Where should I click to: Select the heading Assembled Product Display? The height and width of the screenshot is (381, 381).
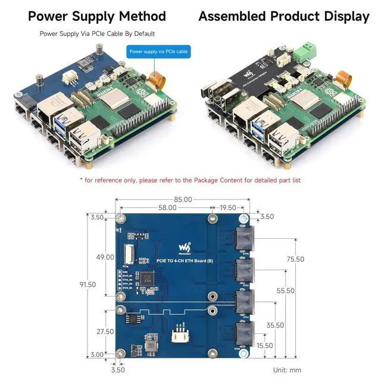(283, 16)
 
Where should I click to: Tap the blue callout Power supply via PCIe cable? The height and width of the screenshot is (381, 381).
(158, 52)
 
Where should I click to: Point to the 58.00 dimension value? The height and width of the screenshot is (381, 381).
(167, 208)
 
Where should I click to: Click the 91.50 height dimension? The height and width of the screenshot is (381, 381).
(87, 285)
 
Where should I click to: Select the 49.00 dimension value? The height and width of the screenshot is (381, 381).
(105, 257)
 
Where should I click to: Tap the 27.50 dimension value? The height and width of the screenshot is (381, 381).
(105, 332)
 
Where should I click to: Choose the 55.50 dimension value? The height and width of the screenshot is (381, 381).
(285, 291)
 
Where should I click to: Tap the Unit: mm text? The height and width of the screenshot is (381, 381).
(288, 370)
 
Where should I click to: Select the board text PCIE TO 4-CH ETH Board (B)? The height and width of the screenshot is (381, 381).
(185, 260)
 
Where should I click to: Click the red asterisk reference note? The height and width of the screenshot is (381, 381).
(190, 180)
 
